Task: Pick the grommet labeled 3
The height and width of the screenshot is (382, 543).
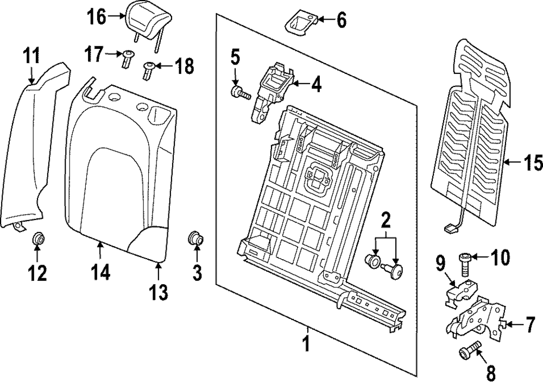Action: (195, 239)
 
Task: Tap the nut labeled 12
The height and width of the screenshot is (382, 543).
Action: (39, 239)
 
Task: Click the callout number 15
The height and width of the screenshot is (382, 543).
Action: (531, 162)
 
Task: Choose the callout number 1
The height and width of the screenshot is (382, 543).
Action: (307, 344)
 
